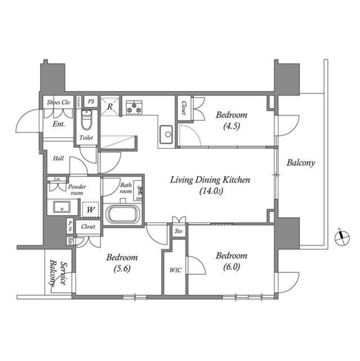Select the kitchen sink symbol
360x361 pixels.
tap(167, 134)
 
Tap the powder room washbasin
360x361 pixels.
tap(60, 206)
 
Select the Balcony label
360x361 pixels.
tap(301, 163)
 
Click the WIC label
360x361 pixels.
tap(175, 270)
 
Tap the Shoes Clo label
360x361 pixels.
tap(57, 102)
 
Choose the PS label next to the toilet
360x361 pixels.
tap(91, 101)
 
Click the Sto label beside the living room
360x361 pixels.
tap(179, 231)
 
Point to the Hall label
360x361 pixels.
tap(58, 159)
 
